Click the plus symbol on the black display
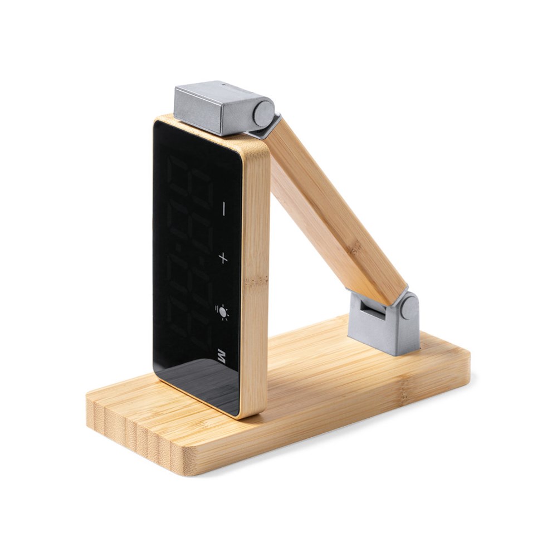coord(223,257)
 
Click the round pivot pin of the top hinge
coord(263,113)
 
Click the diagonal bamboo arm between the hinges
coord(334,212)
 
